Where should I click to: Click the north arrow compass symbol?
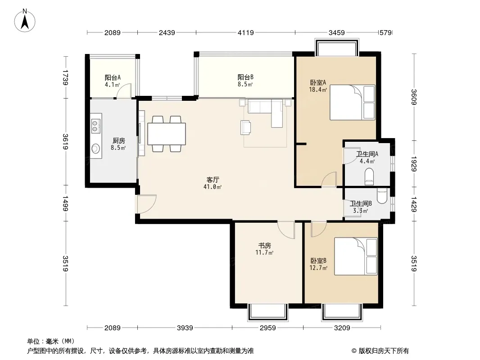[x=25, y=20]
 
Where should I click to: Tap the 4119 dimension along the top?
[x=246, y=33]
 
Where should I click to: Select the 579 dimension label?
[x=385, y=33]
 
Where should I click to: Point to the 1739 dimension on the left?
[x=65, y=77]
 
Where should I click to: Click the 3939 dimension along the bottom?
[x=185, y=328]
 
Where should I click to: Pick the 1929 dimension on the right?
[x=414, y=164]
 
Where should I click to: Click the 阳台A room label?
[x=113, y=78]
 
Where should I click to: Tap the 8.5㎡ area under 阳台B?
[x=245, y=85]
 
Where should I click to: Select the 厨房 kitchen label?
[x=119, y=141]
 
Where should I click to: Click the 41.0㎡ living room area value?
[x=213, y=187]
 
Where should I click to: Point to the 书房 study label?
[x=264, y=245]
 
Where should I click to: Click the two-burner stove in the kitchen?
[x=96, y=126]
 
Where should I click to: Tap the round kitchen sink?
[x=96, y=148]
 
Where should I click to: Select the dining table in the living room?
[x=167, y=134]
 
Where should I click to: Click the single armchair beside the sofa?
[x=245, y=127]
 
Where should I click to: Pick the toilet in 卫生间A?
[x=370, y=176]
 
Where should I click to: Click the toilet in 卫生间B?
[x=382, y=196]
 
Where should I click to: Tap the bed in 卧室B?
[x=355, y=256]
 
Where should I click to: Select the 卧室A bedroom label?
[x=318, y=82]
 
